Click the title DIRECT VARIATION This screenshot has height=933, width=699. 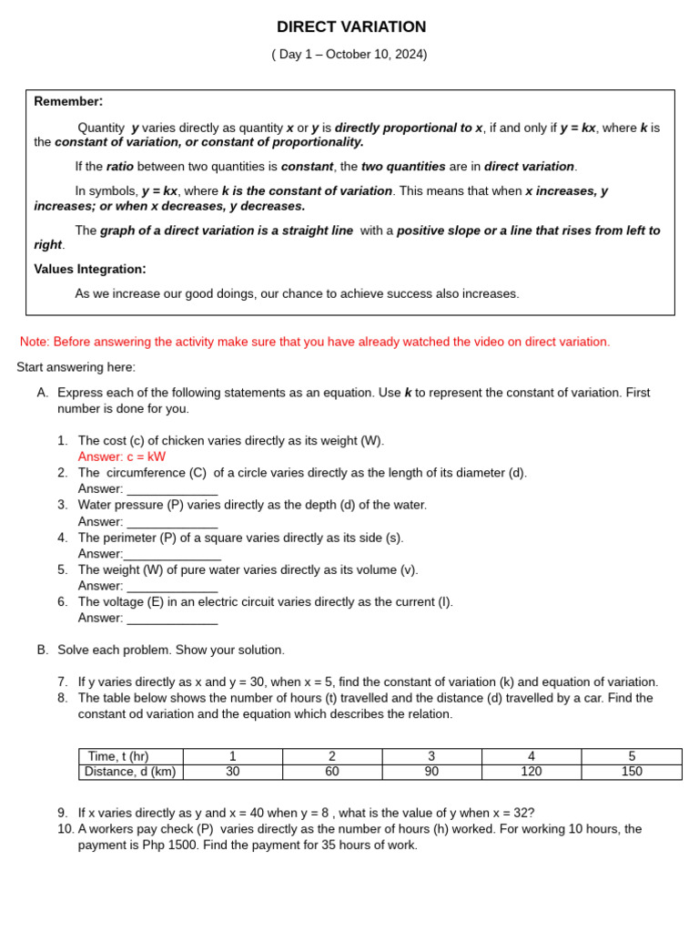click(x=350, y=27)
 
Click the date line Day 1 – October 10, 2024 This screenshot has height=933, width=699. click(x=349, y=55)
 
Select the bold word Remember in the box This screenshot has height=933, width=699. click(x=67, y=101)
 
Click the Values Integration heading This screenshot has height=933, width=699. click(x=89, y=269)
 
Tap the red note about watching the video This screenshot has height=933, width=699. click(x=315, y=342)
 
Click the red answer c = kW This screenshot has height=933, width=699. click(x=122, y=456)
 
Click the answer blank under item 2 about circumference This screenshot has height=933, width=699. click(x=172, y=490)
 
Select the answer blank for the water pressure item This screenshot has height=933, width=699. click(x=172, y=523)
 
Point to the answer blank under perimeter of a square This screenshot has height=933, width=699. click(x=172, y=555)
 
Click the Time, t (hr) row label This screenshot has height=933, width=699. click(x=118, y=756)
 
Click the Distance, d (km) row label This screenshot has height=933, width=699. click(x=130, y=772)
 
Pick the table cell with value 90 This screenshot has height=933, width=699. click(x=431, y=772)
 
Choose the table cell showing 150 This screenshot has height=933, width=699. click(x=631, y=772)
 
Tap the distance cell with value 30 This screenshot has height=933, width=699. click(x=232, y=772)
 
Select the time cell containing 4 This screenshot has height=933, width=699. click(x=532, y=756)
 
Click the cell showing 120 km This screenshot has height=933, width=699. click(x=532, y=772)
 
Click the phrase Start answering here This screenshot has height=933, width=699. click(x=76, y=367)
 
